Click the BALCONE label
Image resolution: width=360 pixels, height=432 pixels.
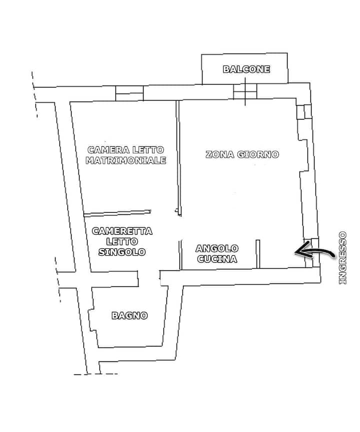pos(246,70)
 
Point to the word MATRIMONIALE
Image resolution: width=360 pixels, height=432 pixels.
pos(125,161)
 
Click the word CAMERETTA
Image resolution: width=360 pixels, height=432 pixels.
pos(122,231)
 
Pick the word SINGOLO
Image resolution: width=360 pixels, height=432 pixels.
pos(122,252)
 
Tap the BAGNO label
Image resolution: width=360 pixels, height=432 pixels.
pos(129,315)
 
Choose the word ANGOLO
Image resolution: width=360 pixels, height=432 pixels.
pos(217,248)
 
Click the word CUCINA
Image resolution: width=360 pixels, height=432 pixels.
pos(217,259)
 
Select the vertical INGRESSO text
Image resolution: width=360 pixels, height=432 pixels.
pos(342,258)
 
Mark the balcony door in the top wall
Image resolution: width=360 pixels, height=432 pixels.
pos(245,92)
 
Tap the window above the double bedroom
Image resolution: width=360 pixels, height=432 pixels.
pos(129,93)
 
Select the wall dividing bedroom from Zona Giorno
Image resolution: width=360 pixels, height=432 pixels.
pos(177,158)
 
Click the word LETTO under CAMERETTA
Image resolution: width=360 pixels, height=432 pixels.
pos(122,241)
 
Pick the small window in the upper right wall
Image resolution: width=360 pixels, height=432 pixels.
pos(303,112)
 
